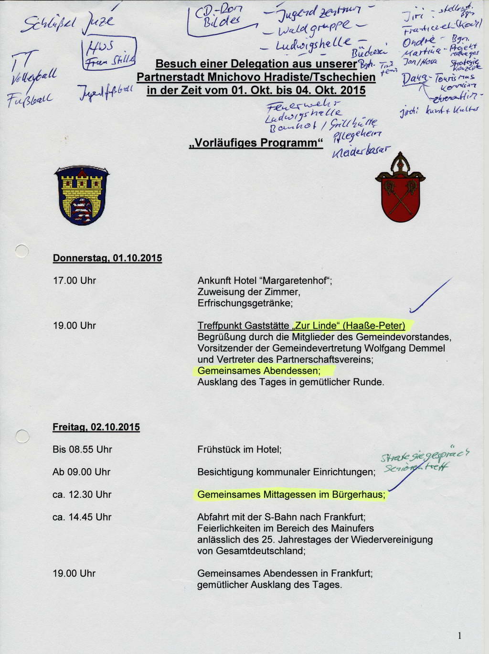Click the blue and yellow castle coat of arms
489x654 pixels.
[x=82, y=195]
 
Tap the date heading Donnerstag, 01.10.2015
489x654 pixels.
[x=107, y=258]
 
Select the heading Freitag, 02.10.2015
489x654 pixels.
[x=96, y=427]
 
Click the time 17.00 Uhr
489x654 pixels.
[x=74, y=281]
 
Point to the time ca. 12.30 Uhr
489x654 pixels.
[x=82, y=495]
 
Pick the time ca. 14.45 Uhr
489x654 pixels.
[x=82, y=517]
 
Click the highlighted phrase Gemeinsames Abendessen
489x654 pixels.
[x=258, y=371]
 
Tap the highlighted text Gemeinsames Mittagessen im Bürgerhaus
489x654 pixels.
[x=291, y=495]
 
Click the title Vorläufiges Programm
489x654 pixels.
[x=256, y=143]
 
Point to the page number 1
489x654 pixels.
[x=459, y=635]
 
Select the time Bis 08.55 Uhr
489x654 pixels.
[x=82, y=450]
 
